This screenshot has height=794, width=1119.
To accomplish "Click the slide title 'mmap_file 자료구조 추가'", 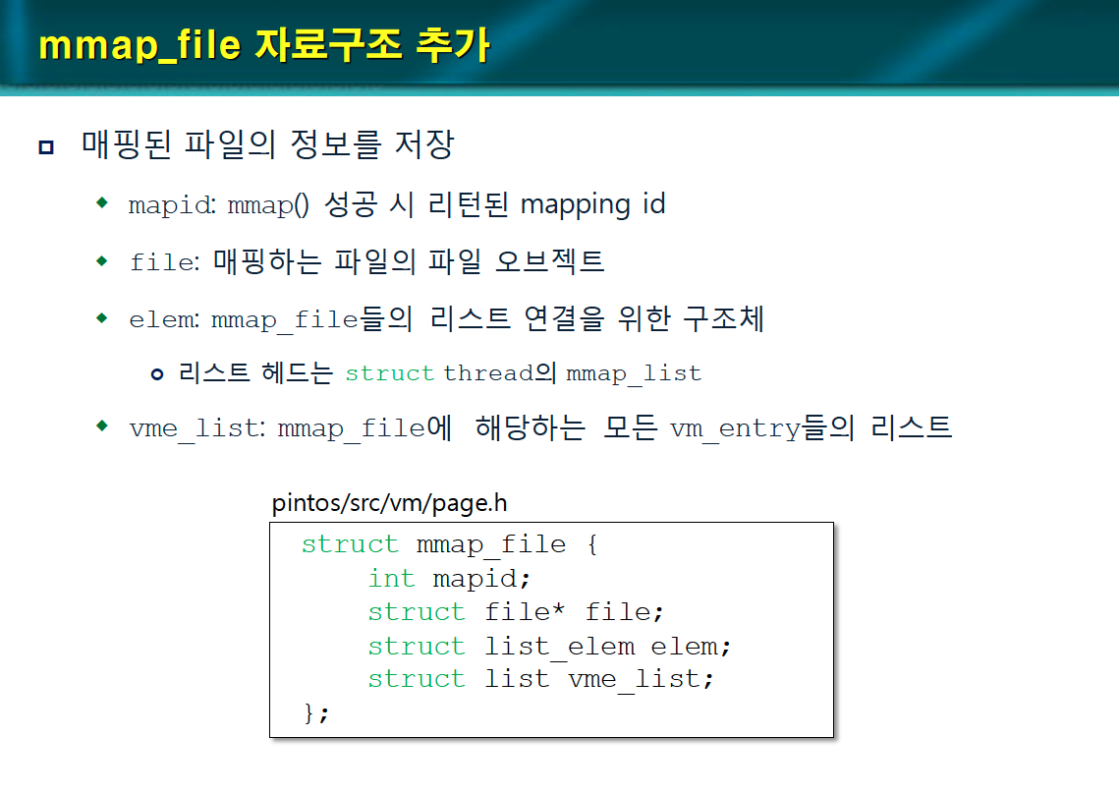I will coord(263,45).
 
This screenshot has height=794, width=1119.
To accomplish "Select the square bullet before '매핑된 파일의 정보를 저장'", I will coord(45,147).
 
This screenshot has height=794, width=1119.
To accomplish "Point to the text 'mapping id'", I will coord(592,204).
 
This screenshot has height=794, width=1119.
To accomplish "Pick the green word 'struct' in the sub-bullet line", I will coord(389,373).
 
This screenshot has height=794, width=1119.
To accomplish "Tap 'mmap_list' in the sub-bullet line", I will coord(634,373).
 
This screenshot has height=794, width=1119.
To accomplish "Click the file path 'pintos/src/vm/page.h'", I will coord(389,504).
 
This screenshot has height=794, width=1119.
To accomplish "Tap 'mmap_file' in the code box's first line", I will coord(491,544).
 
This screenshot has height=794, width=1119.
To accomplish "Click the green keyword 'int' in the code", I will coord(391,579).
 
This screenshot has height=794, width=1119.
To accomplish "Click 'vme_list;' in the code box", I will coord(641,679).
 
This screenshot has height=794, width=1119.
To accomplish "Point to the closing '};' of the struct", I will coord(316,712).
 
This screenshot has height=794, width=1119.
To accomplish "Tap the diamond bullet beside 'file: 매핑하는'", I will coord(102,260).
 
